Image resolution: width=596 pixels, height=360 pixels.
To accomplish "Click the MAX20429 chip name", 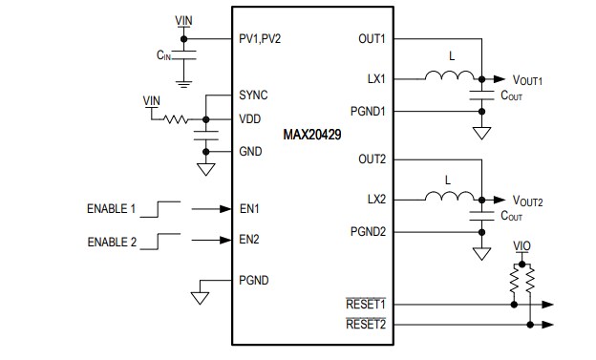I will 313,135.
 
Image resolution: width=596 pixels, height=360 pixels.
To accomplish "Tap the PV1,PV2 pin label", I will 261,39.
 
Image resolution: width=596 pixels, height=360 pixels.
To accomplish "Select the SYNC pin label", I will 252,95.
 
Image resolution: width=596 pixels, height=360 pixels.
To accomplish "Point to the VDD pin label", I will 249,118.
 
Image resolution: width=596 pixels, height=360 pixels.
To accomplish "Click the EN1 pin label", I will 248,207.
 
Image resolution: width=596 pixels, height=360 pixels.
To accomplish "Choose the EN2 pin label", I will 248,239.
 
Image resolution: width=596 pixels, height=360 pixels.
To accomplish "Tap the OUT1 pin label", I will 371,39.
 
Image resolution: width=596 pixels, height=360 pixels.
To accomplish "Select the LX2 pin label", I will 376,199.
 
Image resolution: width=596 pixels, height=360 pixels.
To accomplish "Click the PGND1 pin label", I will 368,111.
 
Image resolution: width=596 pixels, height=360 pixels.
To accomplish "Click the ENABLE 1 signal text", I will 112,207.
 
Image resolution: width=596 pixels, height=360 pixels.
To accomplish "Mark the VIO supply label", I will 521,246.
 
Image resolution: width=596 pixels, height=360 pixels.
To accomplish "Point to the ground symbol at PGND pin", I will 200,297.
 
